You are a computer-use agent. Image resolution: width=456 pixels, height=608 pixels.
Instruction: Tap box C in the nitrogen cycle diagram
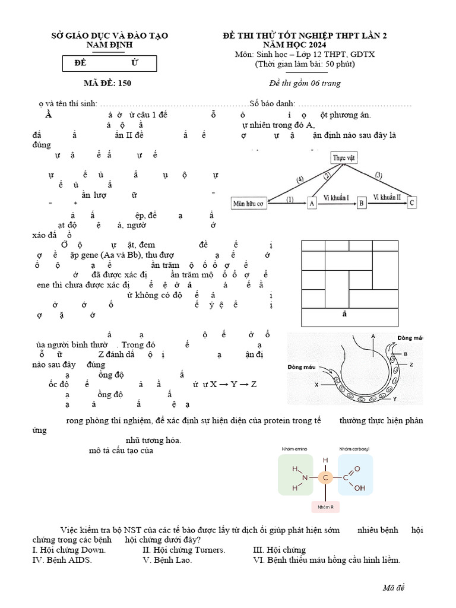(x=413, y=203)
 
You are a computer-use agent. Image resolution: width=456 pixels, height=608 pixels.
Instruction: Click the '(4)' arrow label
(x=300, y=179)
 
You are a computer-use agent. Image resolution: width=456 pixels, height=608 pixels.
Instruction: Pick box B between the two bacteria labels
(x=361, y=203)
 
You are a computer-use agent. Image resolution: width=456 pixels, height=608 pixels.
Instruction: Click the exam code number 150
(x=125, y=83)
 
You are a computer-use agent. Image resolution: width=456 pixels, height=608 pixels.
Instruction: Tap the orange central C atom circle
(x=325, y=477)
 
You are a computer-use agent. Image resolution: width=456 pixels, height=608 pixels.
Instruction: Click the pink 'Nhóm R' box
(x=325, y=506)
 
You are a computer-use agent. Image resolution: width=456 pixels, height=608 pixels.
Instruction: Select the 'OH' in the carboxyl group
(x=360, y=489)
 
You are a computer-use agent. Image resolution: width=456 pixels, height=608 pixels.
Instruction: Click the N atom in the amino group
(x=305, y=477)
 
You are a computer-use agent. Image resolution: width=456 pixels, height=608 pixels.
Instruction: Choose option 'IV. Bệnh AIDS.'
(x=62, y=560)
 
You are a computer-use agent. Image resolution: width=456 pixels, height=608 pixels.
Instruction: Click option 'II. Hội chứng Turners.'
(x=184, y=550)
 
